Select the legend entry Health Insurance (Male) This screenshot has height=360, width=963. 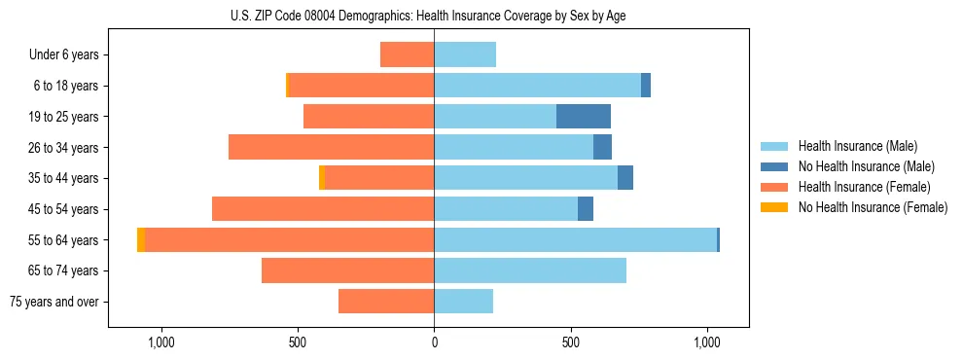coord(857,146)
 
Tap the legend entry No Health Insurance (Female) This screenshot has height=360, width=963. coord(873,207)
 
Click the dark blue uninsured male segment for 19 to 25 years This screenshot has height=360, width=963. coord(584,117)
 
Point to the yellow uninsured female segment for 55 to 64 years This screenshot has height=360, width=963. coord(141,240)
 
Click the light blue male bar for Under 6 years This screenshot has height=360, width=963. coord(465,54)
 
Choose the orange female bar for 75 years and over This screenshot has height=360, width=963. coord(386,302)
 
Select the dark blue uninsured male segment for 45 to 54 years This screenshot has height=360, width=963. coord(586,209)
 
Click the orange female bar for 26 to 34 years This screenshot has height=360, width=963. coord(331,147)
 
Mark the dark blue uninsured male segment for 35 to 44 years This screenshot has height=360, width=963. coord(625,178)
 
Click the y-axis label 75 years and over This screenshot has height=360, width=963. coord(53,302)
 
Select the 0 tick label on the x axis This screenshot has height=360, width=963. coord(434,342)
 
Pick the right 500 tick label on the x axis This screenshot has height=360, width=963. coord(571,342)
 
